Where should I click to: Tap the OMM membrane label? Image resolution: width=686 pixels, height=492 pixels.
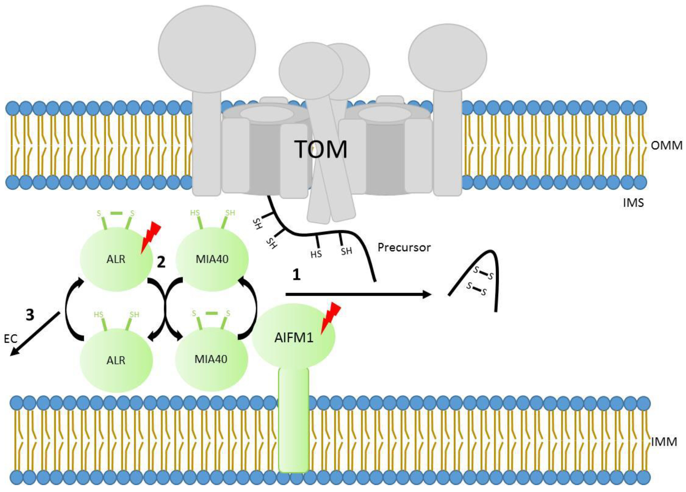click(x=666, y=146)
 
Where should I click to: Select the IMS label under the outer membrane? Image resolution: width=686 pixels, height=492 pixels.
click(x=633, y=203)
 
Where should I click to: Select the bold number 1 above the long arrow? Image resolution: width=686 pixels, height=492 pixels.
click(x=296, y=275)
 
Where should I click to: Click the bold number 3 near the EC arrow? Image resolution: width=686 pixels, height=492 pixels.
click(x=30, y=315)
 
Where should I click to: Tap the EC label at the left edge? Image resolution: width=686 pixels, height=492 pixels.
click(x=11, y=339)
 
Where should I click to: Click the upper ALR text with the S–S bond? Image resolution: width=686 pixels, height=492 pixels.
click(x=116, y=259)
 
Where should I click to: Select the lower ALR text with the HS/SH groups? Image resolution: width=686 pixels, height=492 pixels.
click(x=116, y=360)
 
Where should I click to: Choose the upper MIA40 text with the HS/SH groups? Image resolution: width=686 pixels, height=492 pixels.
click(x=212, y=259)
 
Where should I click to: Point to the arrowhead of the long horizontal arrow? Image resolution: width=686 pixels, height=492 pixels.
click(x=426, y=294)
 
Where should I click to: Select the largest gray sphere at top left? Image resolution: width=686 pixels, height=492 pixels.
click(x=207, y=49)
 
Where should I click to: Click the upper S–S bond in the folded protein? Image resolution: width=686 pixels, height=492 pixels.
click(x=483, y=273)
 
